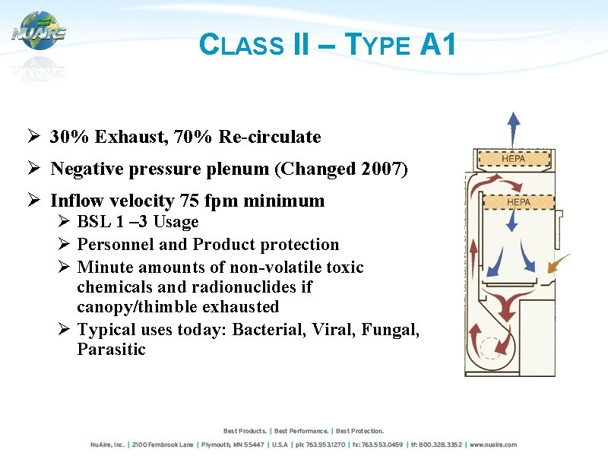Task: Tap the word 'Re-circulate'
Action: pyautogui.click(x=270, y=137)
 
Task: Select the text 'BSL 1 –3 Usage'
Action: pyautogui.click(x=138, y=222)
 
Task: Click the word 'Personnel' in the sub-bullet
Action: pyautogui.click(x=113, y=245)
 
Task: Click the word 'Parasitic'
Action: pyautogui.click(x=111, y=350)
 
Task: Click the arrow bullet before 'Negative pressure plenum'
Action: pyautogui.click(x=34, y=169)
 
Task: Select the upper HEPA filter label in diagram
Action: pyautogui.click(x=514, y=158)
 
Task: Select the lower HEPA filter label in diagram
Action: pyautogui.click(x=518, y=202)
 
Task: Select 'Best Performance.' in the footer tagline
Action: pyautogui.click(x=302, y=431)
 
